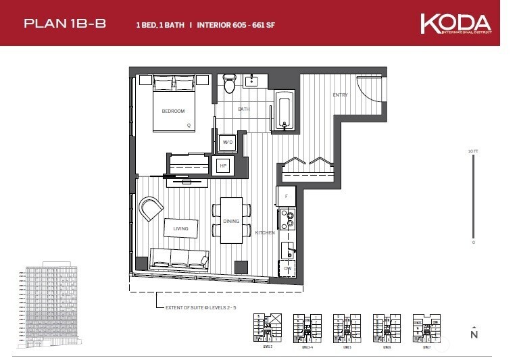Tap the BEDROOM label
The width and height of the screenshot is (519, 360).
pos(174,111)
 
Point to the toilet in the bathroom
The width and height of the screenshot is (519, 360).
pos(230,84)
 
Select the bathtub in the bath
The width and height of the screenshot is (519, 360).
pos(285,109)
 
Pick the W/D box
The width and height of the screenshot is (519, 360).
pos(228,143)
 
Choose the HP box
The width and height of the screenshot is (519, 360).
pos(223,165)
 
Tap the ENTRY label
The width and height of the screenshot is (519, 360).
pos(340,95)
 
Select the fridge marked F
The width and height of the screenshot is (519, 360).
pos(286,195)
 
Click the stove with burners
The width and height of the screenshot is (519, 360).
pos(287,219)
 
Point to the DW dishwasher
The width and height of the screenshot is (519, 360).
pos(287,268)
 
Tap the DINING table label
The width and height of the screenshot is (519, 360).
pos(231,221)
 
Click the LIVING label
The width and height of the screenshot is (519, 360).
pos(180,228)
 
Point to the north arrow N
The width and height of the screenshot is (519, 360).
pos(474,333)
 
